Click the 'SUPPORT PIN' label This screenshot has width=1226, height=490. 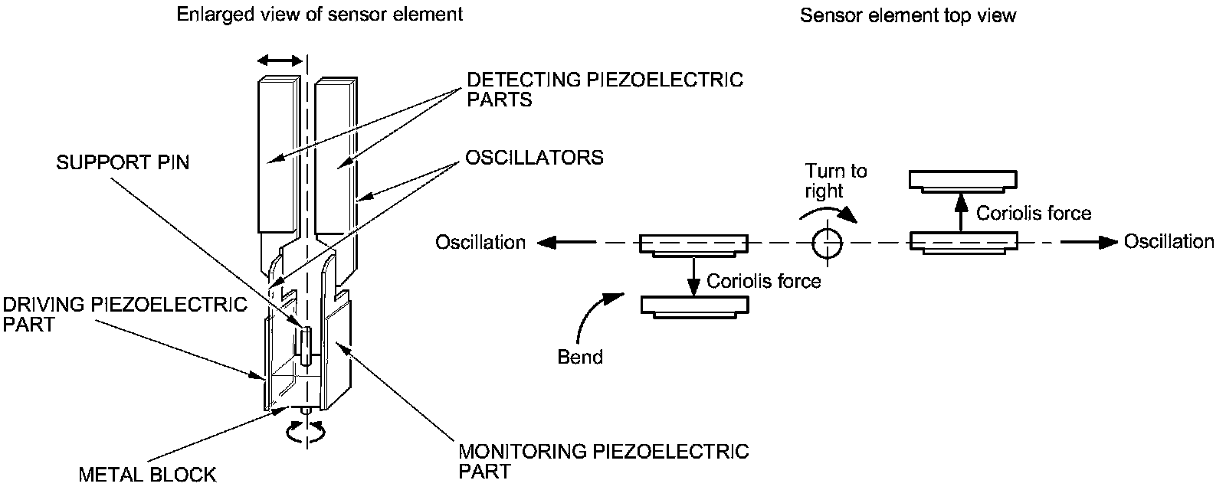pyautogui.click(x=123, y=162)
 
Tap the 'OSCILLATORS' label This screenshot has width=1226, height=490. pyautogui.click(x=534, y=158)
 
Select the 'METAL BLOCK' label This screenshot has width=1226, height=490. pyautogui.click(x=148, y=474)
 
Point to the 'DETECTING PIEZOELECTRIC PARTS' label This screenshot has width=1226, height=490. pyautogui.click(x=605, y=89)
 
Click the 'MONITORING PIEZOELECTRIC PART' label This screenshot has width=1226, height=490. pyautogui.click(x=603, y=461)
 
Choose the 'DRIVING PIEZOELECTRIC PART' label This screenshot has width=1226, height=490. pyautogui.click(x=125, y=314)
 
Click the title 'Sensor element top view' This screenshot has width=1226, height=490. pyautogui.click(x=907, y=15)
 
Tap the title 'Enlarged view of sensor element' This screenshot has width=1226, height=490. pyautogui.click(x=320, y=15)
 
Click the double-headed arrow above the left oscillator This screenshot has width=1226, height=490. pyautogui.click(x=280, y=60)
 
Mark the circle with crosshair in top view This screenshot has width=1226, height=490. pyautogui.click(x=827, y=242)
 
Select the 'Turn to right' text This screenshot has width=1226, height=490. pyautogui.click(x=836, y=181)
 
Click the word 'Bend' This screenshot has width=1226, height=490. pyautogui.click(x=580, y=357)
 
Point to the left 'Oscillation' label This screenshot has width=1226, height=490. pyautogui.click(x=480, y=242)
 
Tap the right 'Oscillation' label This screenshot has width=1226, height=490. pyautogui.click(x=1169, y=241)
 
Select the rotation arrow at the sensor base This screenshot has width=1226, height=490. pyautogui.click(x=306, y=432)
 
